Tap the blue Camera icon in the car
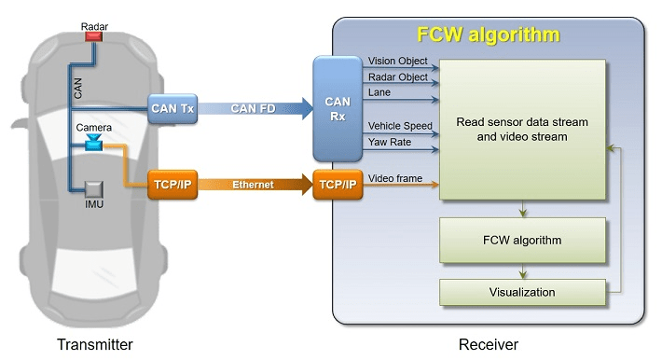coord(93,143)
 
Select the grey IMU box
coord(93,189)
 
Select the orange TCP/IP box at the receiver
coord(337,185)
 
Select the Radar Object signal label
coord(399,76)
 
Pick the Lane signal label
coord(380,92)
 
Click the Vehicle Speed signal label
coord(401,125)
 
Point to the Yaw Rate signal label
coord(389,142)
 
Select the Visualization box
coord(521,292)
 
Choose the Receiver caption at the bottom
coord(488,344)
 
